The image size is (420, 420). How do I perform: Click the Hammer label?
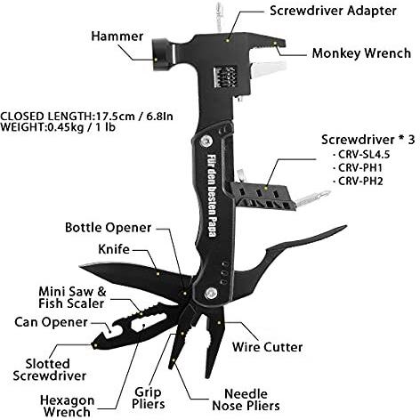117,36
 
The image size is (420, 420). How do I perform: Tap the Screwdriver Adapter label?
333,11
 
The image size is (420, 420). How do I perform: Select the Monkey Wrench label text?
361,53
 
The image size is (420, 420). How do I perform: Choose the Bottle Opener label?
109,228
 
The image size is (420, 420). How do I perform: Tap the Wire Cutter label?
267,347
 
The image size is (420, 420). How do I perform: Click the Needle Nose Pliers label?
246,400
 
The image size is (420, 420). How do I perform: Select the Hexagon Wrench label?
68,406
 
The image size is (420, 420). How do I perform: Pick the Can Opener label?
51,322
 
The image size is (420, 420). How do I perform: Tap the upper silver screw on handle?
206,141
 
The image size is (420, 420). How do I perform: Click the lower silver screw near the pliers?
211,293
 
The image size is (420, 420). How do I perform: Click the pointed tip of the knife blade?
80,266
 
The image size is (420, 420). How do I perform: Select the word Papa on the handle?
212,226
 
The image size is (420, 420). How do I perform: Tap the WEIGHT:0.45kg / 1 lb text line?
58,127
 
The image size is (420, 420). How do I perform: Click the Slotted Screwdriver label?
49,370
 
